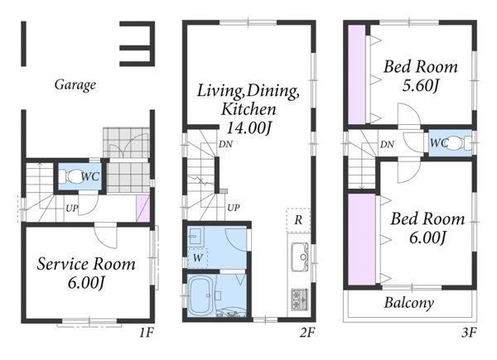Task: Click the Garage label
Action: [x=75, y=84]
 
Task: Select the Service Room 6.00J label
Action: [x=86, y=273]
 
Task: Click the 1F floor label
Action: [x=147, y=333]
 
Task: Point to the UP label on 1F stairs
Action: [x=72, y=209]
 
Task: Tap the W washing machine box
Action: [x=197, y=258]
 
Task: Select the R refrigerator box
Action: [x=298, y=220]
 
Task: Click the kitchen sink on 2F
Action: [x=300, y=257]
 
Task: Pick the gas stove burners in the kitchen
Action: [x=300, y=300]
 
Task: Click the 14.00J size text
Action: [x=248, y=128]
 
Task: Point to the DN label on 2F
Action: [x=225, y=144]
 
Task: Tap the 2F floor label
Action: [x=307, y=333]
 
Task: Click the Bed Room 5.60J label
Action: [x=421, y=75]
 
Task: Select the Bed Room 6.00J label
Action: [x=427, y=228]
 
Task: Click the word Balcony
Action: [x=409, y=303]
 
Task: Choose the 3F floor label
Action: [x=469, y=333]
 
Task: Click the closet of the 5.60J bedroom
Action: [x=357, y=75]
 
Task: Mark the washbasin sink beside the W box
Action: [x=195, y=236]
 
